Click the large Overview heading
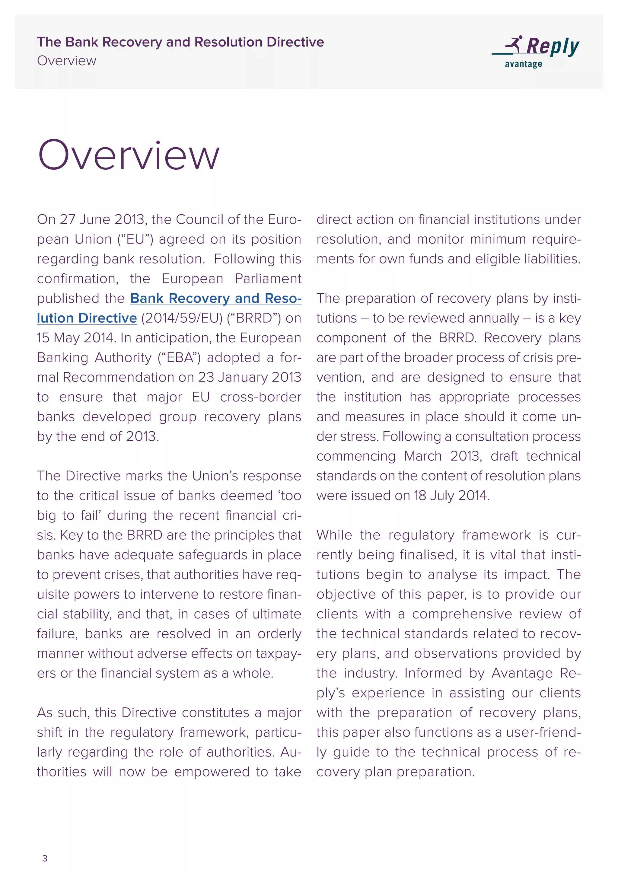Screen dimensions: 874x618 [x=129, y=155]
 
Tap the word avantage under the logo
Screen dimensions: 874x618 [x=523, y=64]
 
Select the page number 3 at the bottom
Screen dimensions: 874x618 [x=45, y=858]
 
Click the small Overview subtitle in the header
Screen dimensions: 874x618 [x=67, y=61]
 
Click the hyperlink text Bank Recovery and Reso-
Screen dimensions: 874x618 [x=215, y=298]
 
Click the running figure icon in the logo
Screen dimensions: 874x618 [x=514, y=44]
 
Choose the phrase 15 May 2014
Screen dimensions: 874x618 [x=75, y=338]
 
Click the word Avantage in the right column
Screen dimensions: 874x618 [x=522, y=673]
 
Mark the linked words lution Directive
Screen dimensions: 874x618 [x=87, y=318]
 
